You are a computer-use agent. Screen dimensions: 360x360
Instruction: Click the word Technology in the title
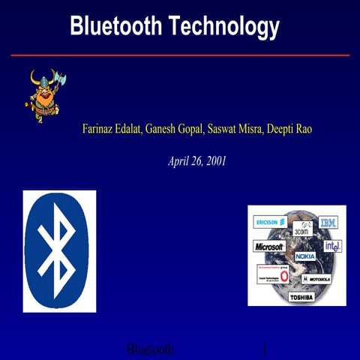(x=224, y=28)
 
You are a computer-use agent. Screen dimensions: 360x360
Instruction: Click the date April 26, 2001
(x=197, y=160)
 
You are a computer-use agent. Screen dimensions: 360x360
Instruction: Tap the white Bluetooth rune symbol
(x=59, y=250)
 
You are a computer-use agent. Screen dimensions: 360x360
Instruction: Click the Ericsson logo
(x=271, y=222)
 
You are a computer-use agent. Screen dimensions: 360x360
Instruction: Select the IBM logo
(x=328, y=222)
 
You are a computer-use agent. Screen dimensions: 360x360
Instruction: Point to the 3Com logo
(x=301, y=229)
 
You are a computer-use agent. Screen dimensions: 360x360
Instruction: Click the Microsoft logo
(x=269, y=246)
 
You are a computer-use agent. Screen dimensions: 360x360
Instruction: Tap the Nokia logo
(x=304, y=256)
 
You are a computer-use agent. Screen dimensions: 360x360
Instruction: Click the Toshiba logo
(x=301, y=297)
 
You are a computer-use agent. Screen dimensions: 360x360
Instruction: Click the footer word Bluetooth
(x=150, y=350)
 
